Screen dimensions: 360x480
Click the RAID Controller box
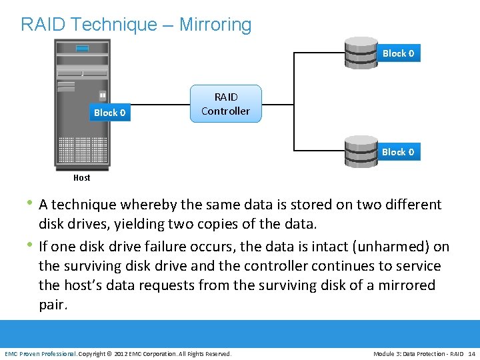[225, 104]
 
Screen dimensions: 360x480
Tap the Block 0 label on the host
[109, 113]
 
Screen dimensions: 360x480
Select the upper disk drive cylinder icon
[361, 53]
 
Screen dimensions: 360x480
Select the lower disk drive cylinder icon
[361, 151]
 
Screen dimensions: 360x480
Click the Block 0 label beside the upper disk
[398, 53]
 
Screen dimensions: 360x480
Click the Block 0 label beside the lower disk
[398, 152]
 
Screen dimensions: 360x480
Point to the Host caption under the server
[82, 178]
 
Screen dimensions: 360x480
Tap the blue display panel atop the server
[82, 48]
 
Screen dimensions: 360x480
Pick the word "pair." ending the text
[53, 305]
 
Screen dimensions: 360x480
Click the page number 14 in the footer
[471, 353]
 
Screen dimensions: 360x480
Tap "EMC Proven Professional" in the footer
[41, 353]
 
